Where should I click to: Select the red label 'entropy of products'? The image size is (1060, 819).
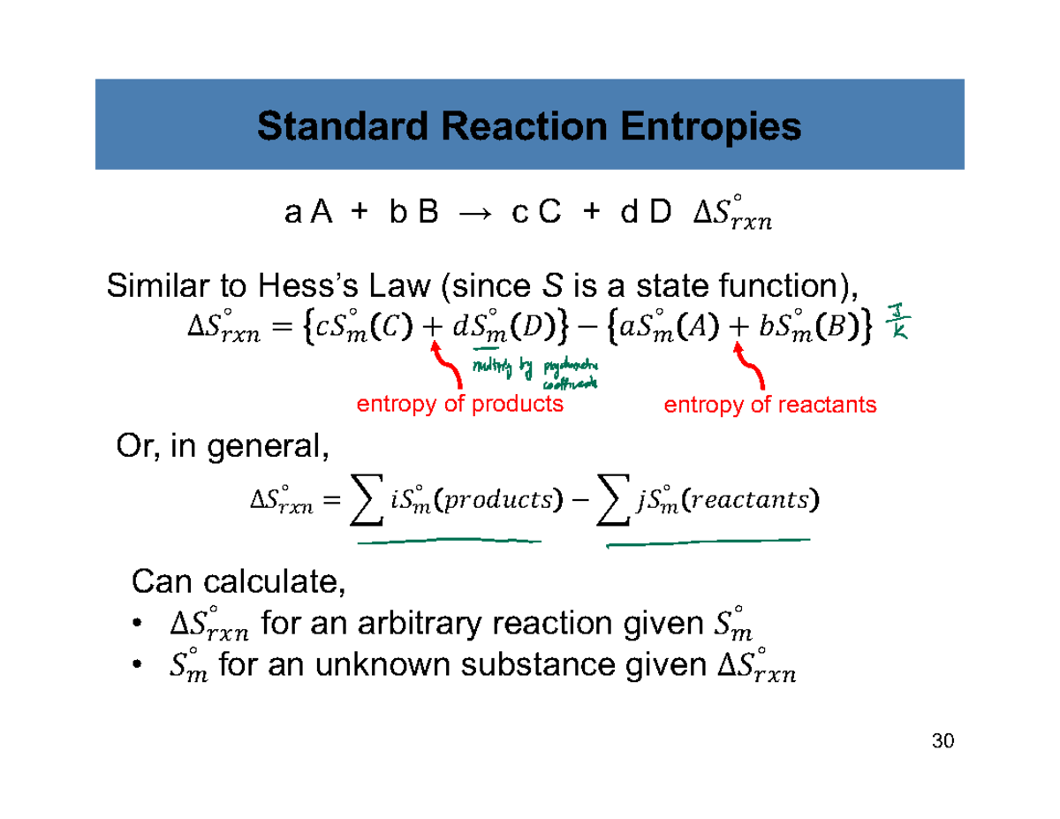pyautogui.click(x=459, y=405)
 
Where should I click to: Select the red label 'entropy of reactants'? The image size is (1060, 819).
pyautogui.click(x=769, y=405)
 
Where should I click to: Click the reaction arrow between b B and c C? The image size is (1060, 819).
pyautogui.click(x=475, y=214)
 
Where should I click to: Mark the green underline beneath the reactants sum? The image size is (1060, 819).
pyautogui.click(x=707, y=541)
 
